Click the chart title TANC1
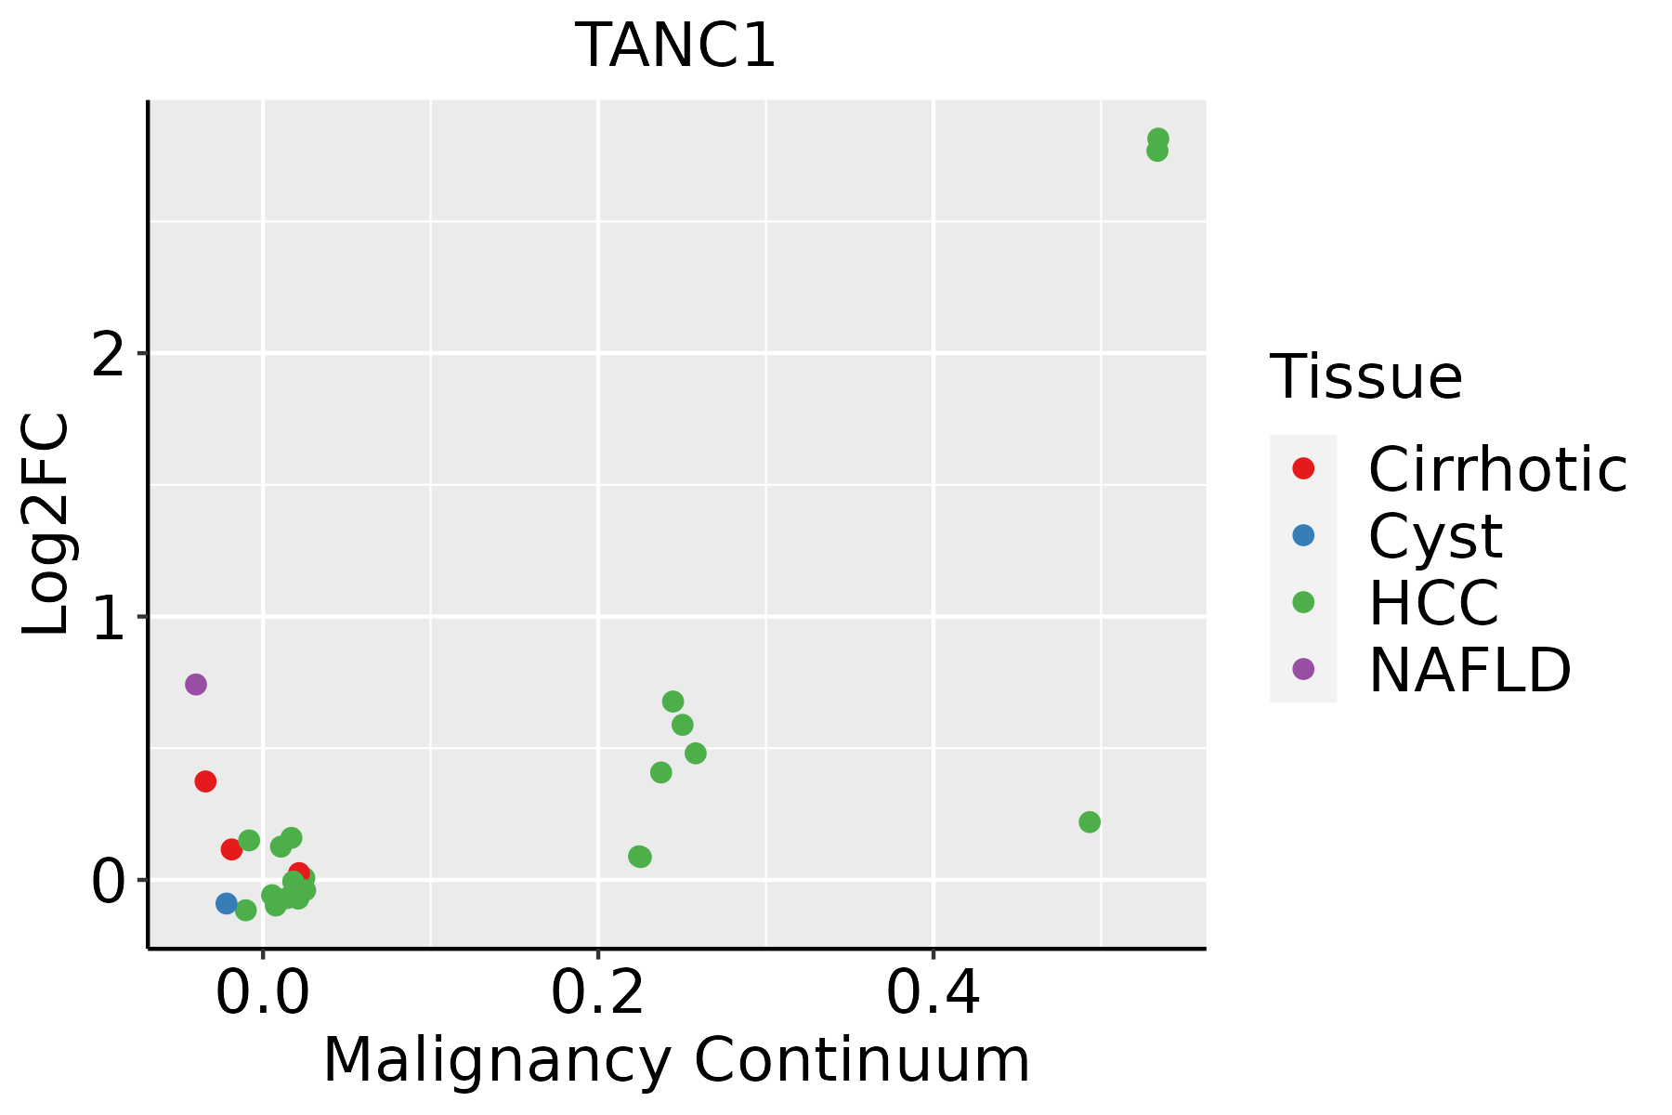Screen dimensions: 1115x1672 [675, 46]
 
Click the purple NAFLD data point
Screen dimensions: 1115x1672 [195, 685]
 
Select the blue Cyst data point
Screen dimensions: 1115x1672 [227, 903]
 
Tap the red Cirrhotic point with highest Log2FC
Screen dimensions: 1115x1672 [205, 781]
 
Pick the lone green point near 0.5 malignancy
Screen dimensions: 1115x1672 [1090, 822]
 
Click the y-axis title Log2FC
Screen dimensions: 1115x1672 [46, 524]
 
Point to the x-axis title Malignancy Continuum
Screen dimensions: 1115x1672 [675, 1060]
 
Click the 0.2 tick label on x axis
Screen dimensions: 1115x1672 [598, 994]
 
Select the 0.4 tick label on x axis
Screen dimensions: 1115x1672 [933, 994]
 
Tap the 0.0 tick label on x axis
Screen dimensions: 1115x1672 [263, 994]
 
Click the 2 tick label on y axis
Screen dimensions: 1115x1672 [108, 354]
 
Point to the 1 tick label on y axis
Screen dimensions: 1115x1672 [108, 617]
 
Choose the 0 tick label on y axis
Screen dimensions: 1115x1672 [108, 880]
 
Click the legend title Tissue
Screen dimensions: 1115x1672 [1365, 377]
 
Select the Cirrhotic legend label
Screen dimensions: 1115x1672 [1496, 469]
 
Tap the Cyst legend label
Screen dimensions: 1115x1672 [1435, 536]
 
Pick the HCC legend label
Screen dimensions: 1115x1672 [1433, 603]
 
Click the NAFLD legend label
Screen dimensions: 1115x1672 [1470, 670]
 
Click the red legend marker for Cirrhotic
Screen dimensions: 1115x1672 [1303, 468]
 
